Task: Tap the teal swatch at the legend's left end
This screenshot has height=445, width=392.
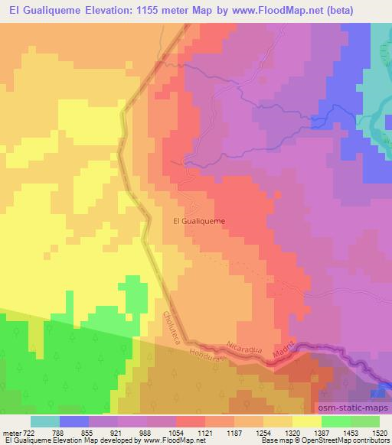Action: (x=45, y=421)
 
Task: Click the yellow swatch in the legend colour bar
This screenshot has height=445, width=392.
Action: (x=306, y=421)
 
